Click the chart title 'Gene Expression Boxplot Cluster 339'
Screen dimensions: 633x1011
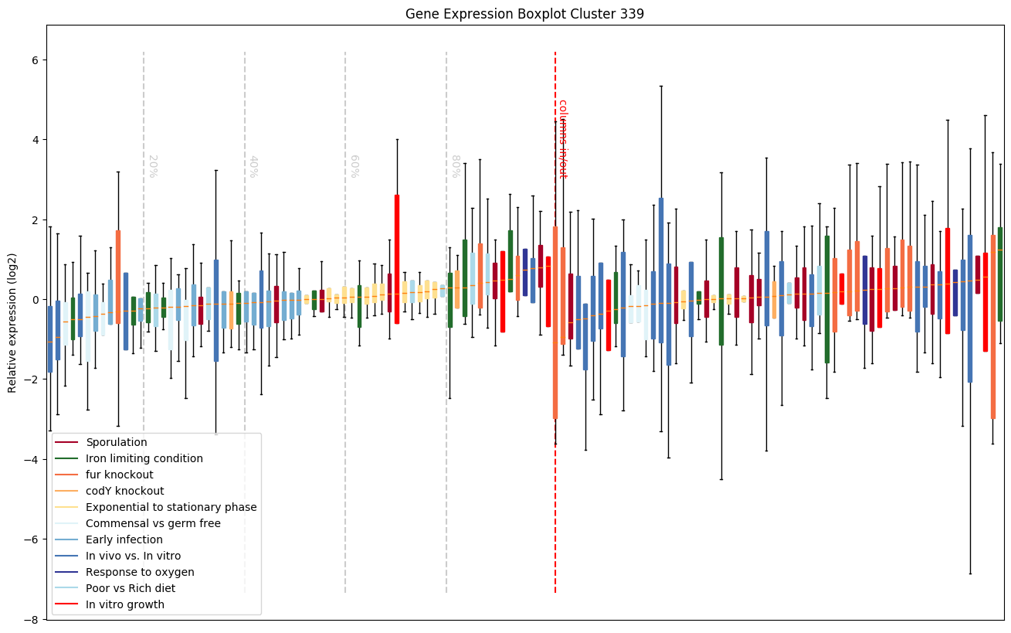tap(524, 14)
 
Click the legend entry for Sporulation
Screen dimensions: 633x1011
tap(117, 442)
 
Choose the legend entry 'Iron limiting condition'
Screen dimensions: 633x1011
tap(144, 458)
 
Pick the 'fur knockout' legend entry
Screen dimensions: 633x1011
tap(120, 475)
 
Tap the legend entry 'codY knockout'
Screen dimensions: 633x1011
tap(125, 491)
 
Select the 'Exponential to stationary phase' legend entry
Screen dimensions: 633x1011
tap(171, 507)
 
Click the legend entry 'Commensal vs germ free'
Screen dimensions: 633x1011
tap(153, 523)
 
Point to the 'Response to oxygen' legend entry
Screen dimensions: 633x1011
tap(140, 572)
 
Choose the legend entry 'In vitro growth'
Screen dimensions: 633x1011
tap(125, 604)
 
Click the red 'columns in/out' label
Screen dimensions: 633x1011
tap(562, 138)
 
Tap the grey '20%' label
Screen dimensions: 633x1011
tap(152, 166)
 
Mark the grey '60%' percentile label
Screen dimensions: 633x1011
tap(355, 166)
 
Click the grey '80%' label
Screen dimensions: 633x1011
tap(456, 166)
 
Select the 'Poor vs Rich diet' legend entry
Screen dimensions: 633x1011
tap(131, 588)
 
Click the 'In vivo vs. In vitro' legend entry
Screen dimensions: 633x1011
tap(133, 556)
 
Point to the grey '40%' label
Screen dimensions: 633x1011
tap(253, 166)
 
